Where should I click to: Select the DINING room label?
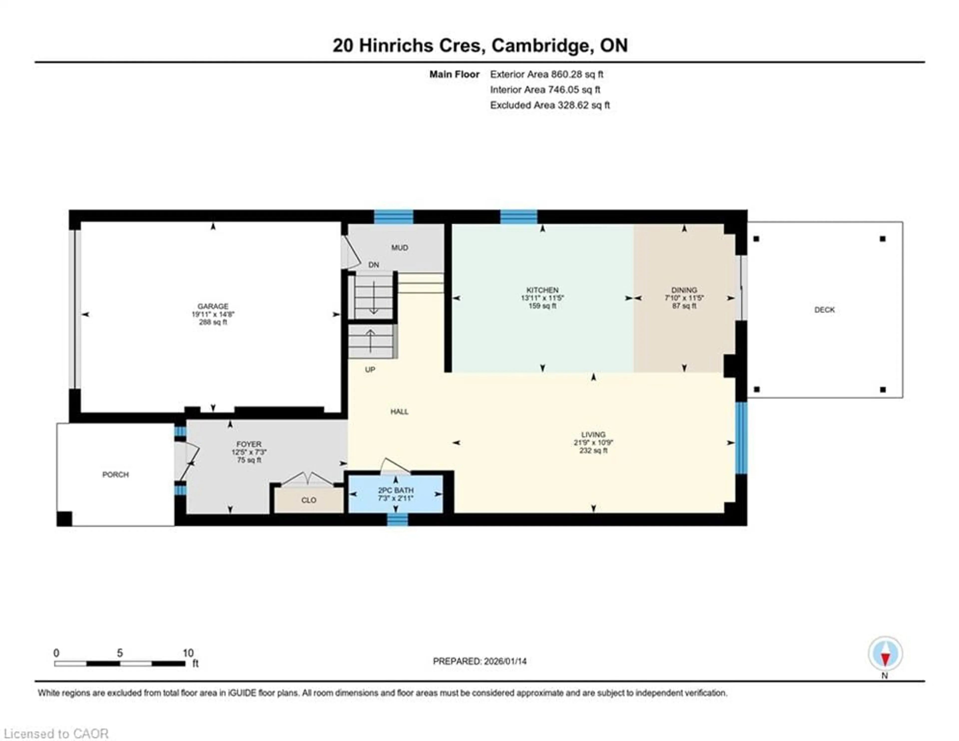coord(684,290)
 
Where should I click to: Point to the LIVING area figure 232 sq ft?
coord(593,450)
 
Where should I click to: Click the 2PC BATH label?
coord(396,490)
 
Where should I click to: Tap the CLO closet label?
coord(309,500)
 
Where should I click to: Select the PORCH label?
coord(115,475)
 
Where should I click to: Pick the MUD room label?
coord(400,248)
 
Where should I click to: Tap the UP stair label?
coord(370,369)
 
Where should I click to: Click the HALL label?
coord(399,412)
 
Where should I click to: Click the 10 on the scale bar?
coord(188,653)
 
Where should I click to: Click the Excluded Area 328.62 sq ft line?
coord(550,105)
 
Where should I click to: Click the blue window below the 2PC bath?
coord(397,520)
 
